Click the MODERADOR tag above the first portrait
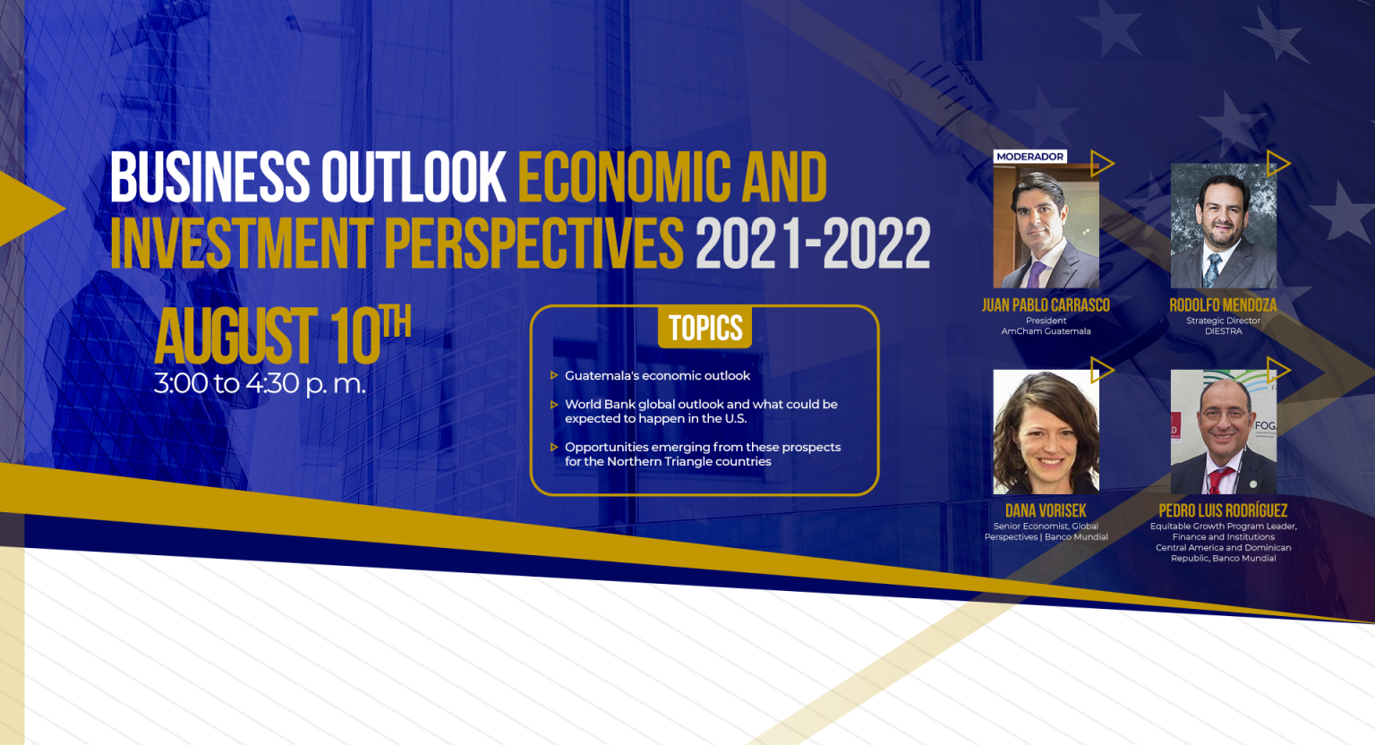[1030, 157]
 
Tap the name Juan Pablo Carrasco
[1046, 305]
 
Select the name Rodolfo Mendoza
[1223, 305]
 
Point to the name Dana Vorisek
[1046, 510]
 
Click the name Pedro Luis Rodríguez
[1223, 510]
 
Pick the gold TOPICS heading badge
[705, 328]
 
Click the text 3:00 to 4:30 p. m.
[260, 383]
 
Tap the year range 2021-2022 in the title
[813, 244]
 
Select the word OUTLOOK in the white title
[413, 177]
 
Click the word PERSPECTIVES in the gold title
[534, 244]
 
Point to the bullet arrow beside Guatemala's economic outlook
[554, 375]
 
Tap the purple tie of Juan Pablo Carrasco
[1036, 275]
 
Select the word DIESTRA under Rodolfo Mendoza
[1223, 331]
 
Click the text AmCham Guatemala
[1046, 331]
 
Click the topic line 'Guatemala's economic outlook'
[657, 375]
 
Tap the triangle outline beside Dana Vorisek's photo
[1101, 371]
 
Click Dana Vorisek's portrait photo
[1046, 432]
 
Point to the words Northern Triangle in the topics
[659, 461]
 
